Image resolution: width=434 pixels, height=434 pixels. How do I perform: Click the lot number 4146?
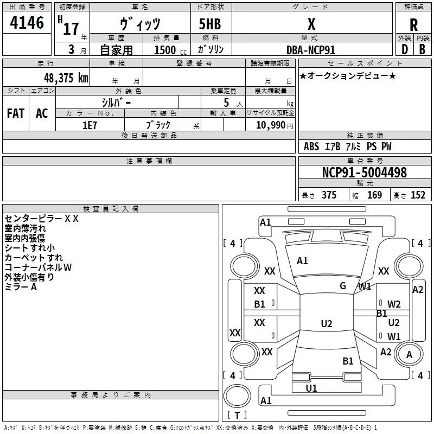click(27, 23)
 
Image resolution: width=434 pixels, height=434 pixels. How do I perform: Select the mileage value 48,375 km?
click(66, 78)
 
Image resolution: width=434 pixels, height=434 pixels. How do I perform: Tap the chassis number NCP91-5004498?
click(365, 173)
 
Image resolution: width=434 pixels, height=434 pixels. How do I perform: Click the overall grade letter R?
click(413, 25)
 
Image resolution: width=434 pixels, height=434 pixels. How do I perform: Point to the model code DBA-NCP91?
click(311, 50)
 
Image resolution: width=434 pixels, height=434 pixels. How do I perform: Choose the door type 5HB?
click(210, 24)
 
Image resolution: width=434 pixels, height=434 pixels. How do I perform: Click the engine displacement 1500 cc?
click(170, 50)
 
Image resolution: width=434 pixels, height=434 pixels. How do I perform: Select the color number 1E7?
click(90, 125)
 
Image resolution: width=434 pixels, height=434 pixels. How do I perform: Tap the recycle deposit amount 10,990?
click(271, 125)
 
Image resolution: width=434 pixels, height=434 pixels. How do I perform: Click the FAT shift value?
click(16, 113)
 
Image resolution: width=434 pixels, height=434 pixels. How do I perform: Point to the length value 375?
click(329, 195)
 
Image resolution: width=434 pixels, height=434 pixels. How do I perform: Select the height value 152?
click(418, 195)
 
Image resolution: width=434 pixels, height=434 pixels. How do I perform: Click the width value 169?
click(374, 195)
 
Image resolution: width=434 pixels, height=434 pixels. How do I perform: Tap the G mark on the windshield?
click(343, 286)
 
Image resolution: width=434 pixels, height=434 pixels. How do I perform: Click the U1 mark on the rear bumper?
click(311, 388)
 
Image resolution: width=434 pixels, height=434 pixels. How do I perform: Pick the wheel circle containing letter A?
click(409, 354)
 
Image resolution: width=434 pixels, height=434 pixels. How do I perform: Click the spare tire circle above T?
click(237, 396)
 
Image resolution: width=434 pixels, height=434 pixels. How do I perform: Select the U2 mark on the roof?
click(327, 323)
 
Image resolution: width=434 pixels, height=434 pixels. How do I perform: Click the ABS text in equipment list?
click(311, 146)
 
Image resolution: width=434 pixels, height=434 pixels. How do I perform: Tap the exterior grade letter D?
click(405, 49)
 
